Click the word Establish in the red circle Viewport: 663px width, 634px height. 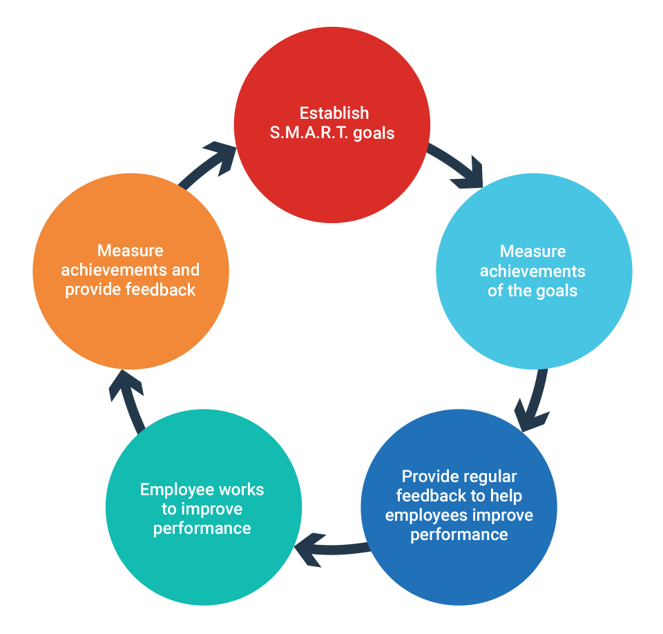tap(334, 113)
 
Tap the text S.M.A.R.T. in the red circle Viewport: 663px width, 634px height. tap(309, 133)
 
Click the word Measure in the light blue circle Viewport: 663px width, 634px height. tap(532, 251)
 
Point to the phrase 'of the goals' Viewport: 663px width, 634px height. tap(532, 290)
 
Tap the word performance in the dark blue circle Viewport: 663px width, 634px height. tap(459, 535)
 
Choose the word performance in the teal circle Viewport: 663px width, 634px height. tap(202, 529)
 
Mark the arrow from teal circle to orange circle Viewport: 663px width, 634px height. tap(128, 401)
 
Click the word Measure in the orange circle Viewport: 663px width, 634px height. tap(131, 249)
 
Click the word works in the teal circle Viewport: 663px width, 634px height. tap(241, 490)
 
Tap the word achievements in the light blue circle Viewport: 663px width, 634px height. tap(532, 271)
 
